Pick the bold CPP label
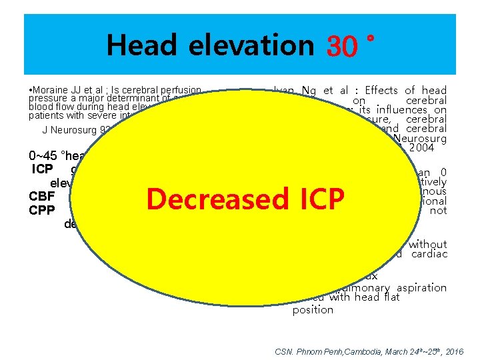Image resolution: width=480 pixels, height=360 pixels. point(41,210)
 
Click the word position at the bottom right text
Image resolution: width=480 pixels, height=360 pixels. point(313,309)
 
